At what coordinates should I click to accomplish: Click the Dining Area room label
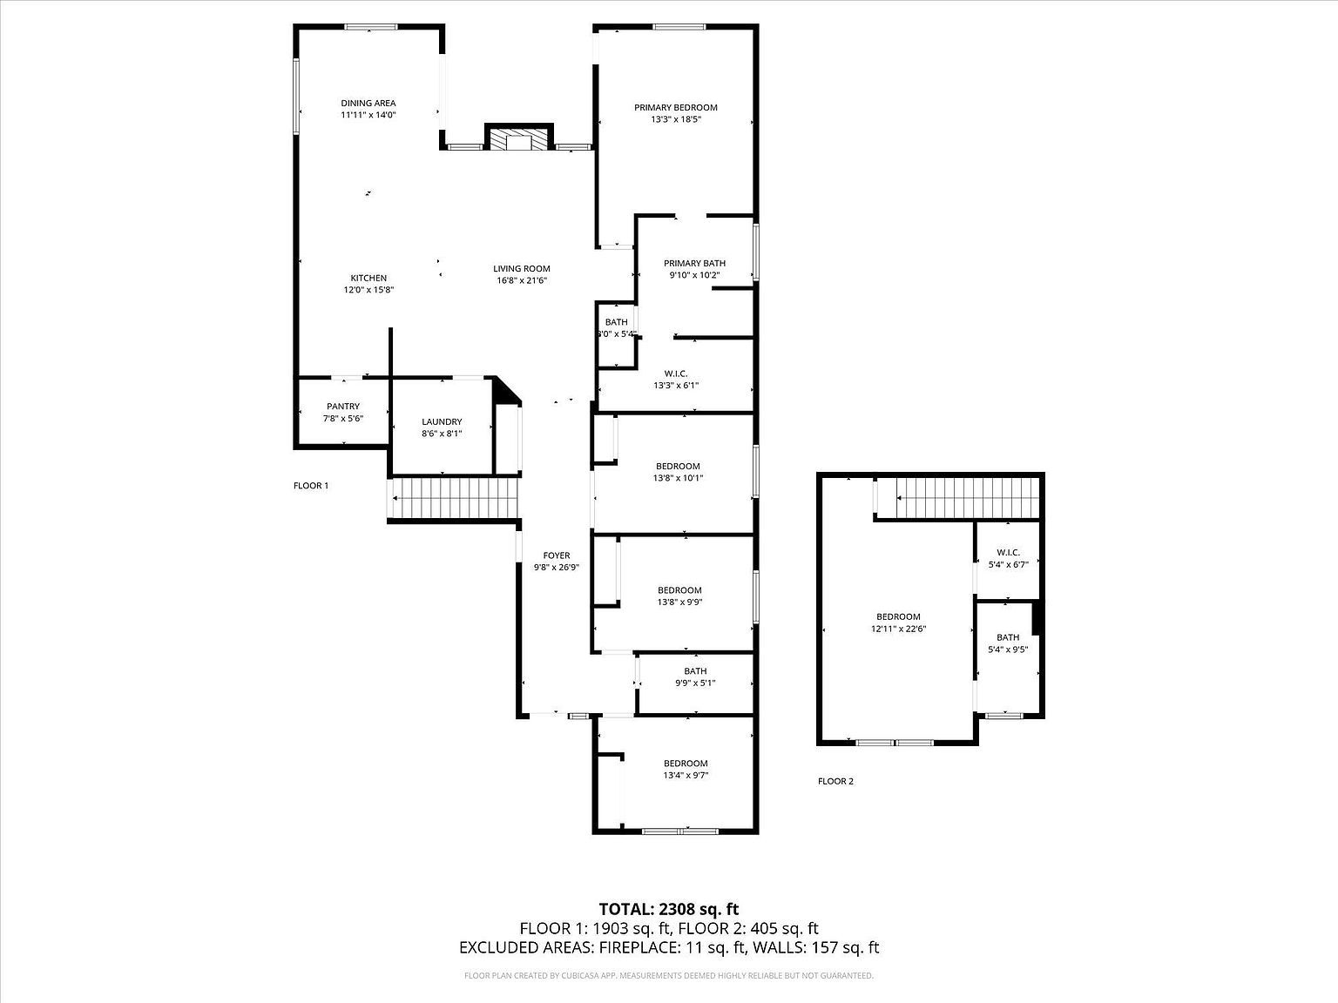pos(368,104)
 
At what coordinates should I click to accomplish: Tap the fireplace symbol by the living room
pos(518,139)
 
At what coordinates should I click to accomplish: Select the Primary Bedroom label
pos(675,108)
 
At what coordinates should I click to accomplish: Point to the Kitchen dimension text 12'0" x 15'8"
pos(368,290)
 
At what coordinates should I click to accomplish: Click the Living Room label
pos(521,269)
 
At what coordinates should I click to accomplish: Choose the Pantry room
pos(342,412)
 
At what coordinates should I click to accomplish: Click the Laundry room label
pos(441,422)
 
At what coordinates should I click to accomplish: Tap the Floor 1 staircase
pos(454,500)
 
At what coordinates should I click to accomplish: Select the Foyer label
pos(556,555)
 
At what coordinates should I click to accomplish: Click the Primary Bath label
pos(694,264)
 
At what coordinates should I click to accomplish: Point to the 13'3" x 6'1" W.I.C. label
pos(676,379)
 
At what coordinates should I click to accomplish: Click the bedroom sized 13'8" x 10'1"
pos(677,472)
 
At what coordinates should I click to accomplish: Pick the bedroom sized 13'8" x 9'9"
pos(679,596)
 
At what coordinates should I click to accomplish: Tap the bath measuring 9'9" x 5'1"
pos(694,677)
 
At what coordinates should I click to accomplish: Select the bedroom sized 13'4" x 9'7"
pos(685,769)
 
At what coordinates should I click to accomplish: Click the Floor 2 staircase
pos(967,499)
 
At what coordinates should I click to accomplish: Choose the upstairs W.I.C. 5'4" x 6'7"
pos(1008,558)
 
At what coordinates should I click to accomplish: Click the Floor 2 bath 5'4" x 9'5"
pos(1008,643)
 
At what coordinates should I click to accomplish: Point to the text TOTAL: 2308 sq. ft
pos(668,910)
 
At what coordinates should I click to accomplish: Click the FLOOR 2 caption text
pos(835,781)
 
